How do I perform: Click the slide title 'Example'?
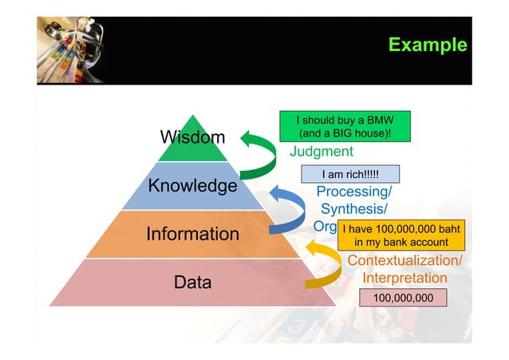pos(427,45)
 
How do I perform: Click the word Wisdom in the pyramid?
pos(192,137)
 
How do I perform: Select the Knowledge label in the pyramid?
pos(192,186)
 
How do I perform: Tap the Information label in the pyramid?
pos(192,234)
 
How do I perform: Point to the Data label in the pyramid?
pos(192,282)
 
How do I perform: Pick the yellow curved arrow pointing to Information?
pos(323,266)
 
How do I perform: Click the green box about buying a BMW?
pos(344,126)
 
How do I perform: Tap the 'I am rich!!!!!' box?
pos(349,174)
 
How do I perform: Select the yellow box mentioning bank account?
pos(396,235)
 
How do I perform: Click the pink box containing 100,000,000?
pos(404,298)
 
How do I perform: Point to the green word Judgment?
pos(321,152)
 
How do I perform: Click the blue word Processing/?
pos(354,192)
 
